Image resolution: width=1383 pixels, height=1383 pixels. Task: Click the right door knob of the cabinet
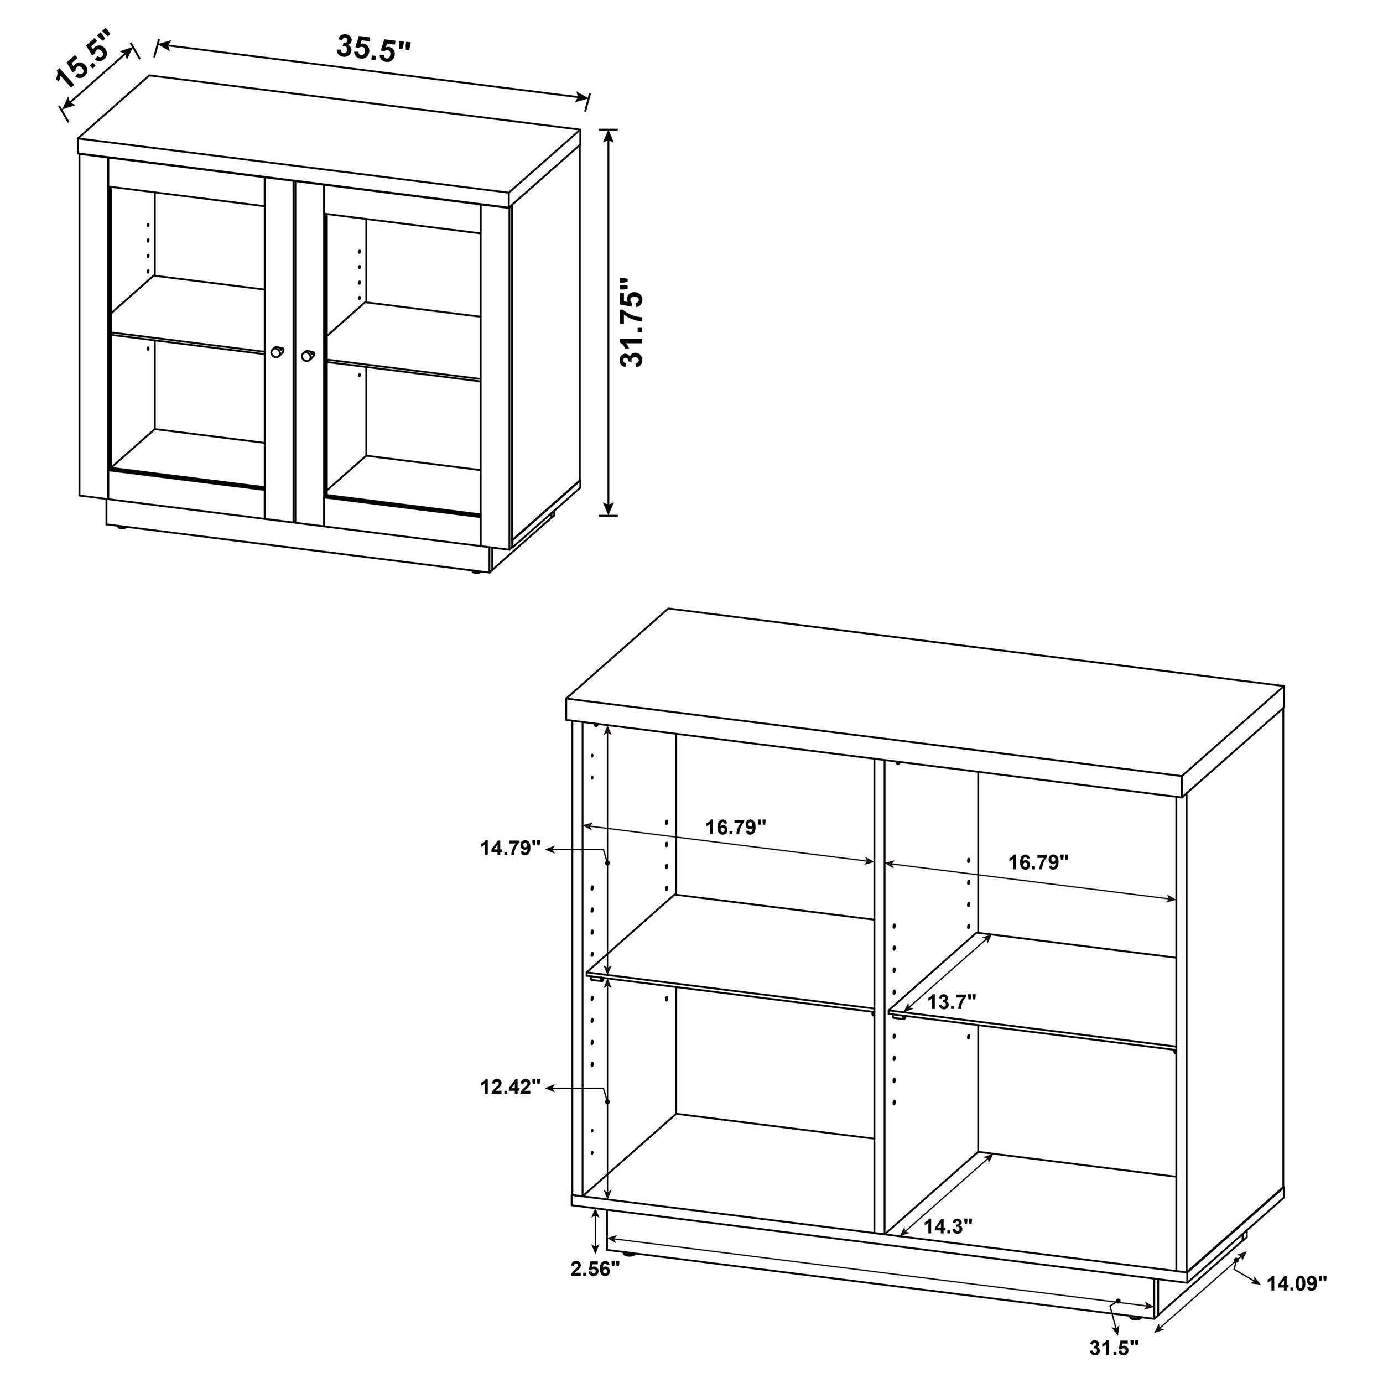click(x=308, y=356)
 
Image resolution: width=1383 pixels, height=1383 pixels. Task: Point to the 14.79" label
click(x=509, y=848)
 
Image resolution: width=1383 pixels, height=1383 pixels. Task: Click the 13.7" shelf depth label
click(x=952, y=1002)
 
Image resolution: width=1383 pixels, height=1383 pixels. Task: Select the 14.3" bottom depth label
click(x=947, y=1226)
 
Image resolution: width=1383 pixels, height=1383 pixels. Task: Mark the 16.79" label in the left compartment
click(x=736, y=828)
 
